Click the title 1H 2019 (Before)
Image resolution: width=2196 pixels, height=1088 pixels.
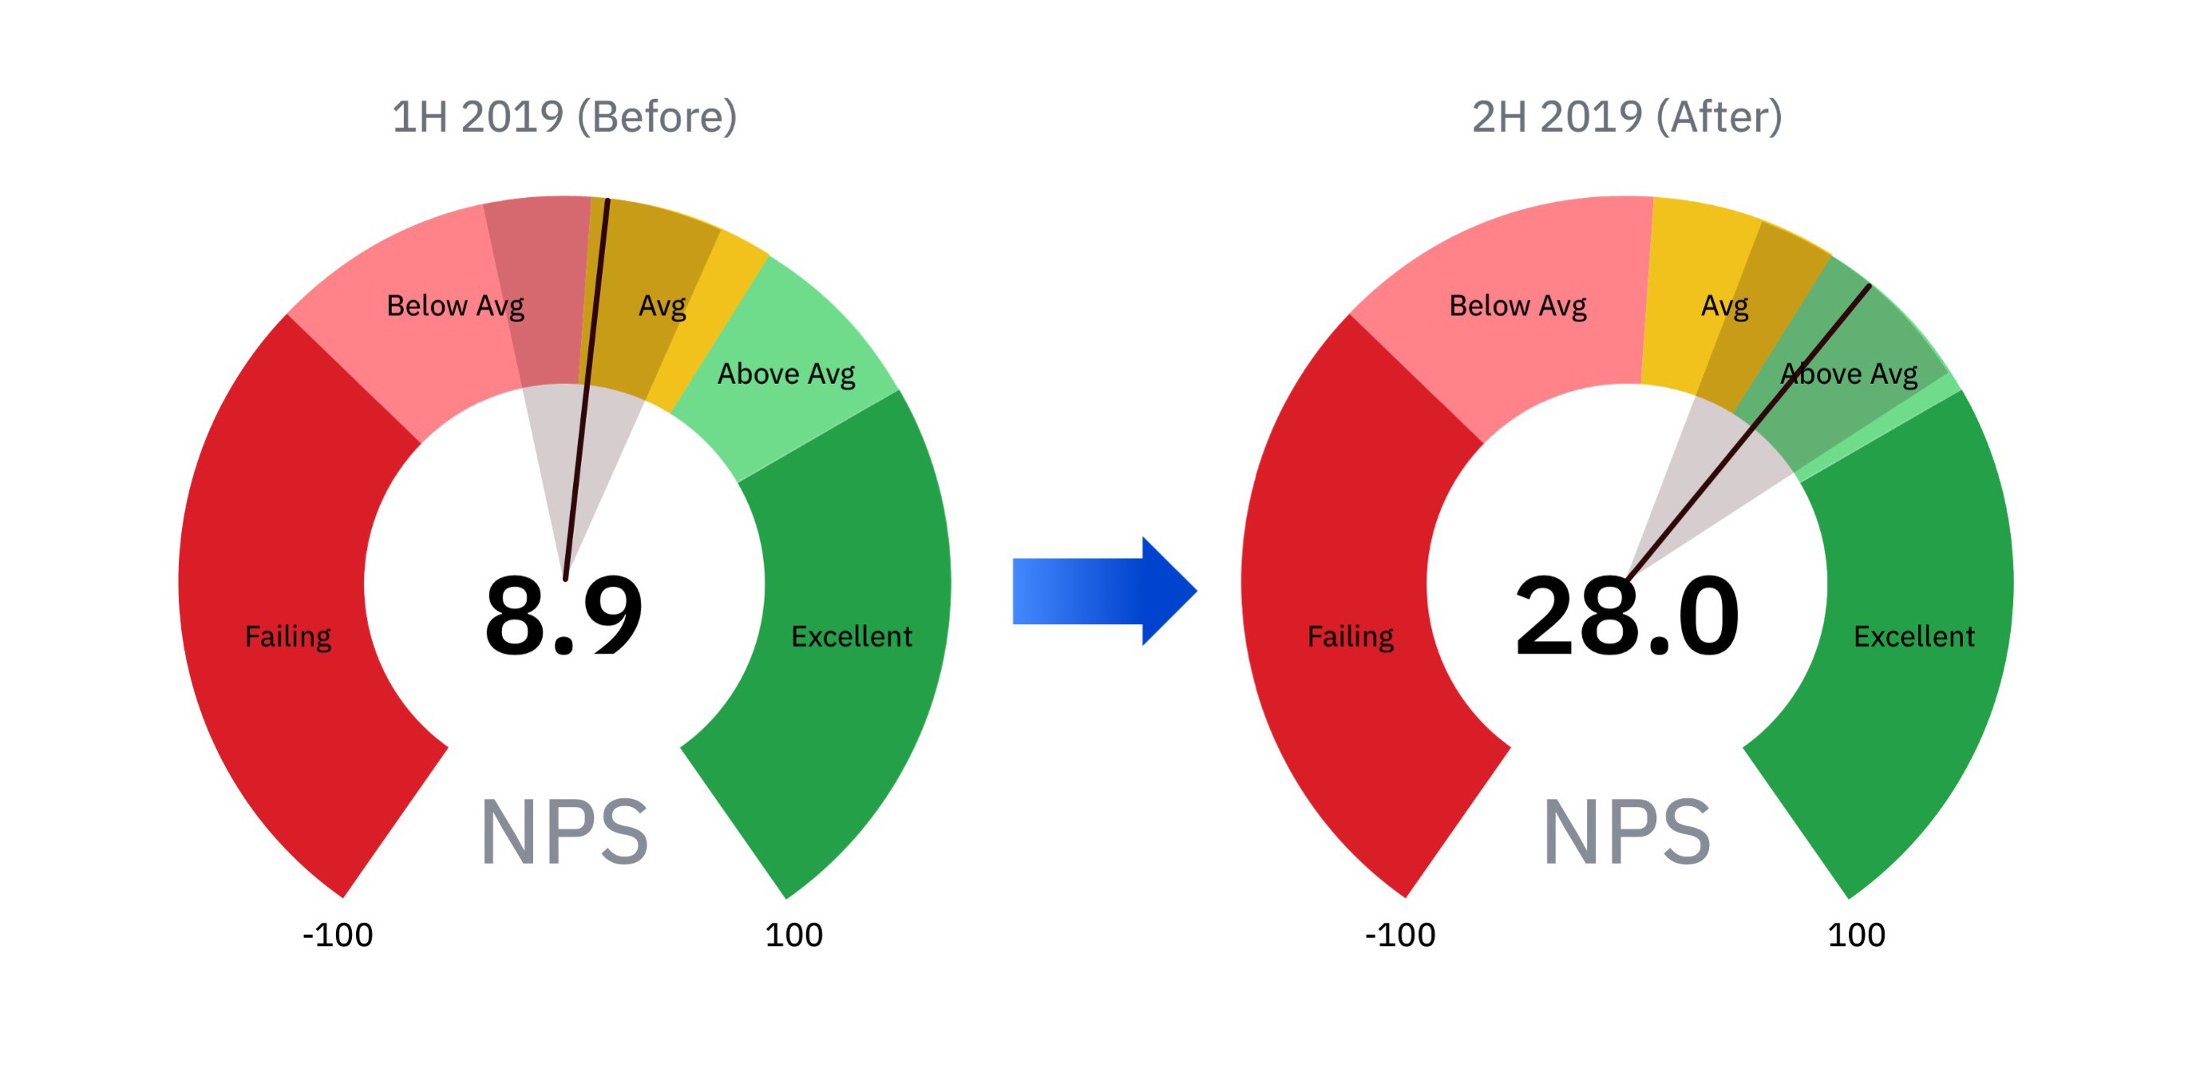coord(564,117)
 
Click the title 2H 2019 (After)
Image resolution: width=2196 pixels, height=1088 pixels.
coord(1627,117)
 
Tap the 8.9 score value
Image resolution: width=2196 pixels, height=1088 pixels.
coord(564,615)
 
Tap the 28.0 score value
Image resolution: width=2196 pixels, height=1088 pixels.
coord(1627,615)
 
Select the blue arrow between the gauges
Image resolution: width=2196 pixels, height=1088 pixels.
coord(1104,590)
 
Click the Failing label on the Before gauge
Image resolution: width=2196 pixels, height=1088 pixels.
coord(288,637)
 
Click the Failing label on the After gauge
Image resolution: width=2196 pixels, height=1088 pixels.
coord(1351,637)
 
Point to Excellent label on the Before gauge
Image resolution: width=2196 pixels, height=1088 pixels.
coord(851,637)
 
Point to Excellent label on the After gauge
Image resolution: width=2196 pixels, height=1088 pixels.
coord(1914,637)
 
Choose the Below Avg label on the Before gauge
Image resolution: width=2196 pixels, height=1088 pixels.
coord(455,306)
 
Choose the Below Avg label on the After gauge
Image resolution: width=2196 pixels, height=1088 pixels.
coord(1517,306)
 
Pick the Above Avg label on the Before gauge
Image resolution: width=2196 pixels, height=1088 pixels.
coord(786,374)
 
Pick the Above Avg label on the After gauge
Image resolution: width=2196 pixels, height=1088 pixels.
coord(1849,374)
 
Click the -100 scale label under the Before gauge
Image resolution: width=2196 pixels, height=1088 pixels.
coord(338,936)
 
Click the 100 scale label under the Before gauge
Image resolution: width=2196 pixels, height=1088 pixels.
coord(793,936)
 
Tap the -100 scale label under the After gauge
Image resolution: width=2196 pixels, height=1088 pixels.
coord(1400,936)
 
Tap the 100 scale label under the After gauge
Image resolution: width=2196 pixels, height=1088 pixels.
coord(1856,936)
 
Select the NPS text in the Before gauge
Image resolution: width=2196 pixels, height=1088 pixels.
coord(564,833)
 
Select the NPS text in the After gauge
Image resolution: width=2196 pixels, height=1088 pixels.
coord(1627,833)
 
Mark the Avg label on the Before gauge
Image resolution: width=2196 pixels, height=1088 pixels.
coord(663,306)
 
